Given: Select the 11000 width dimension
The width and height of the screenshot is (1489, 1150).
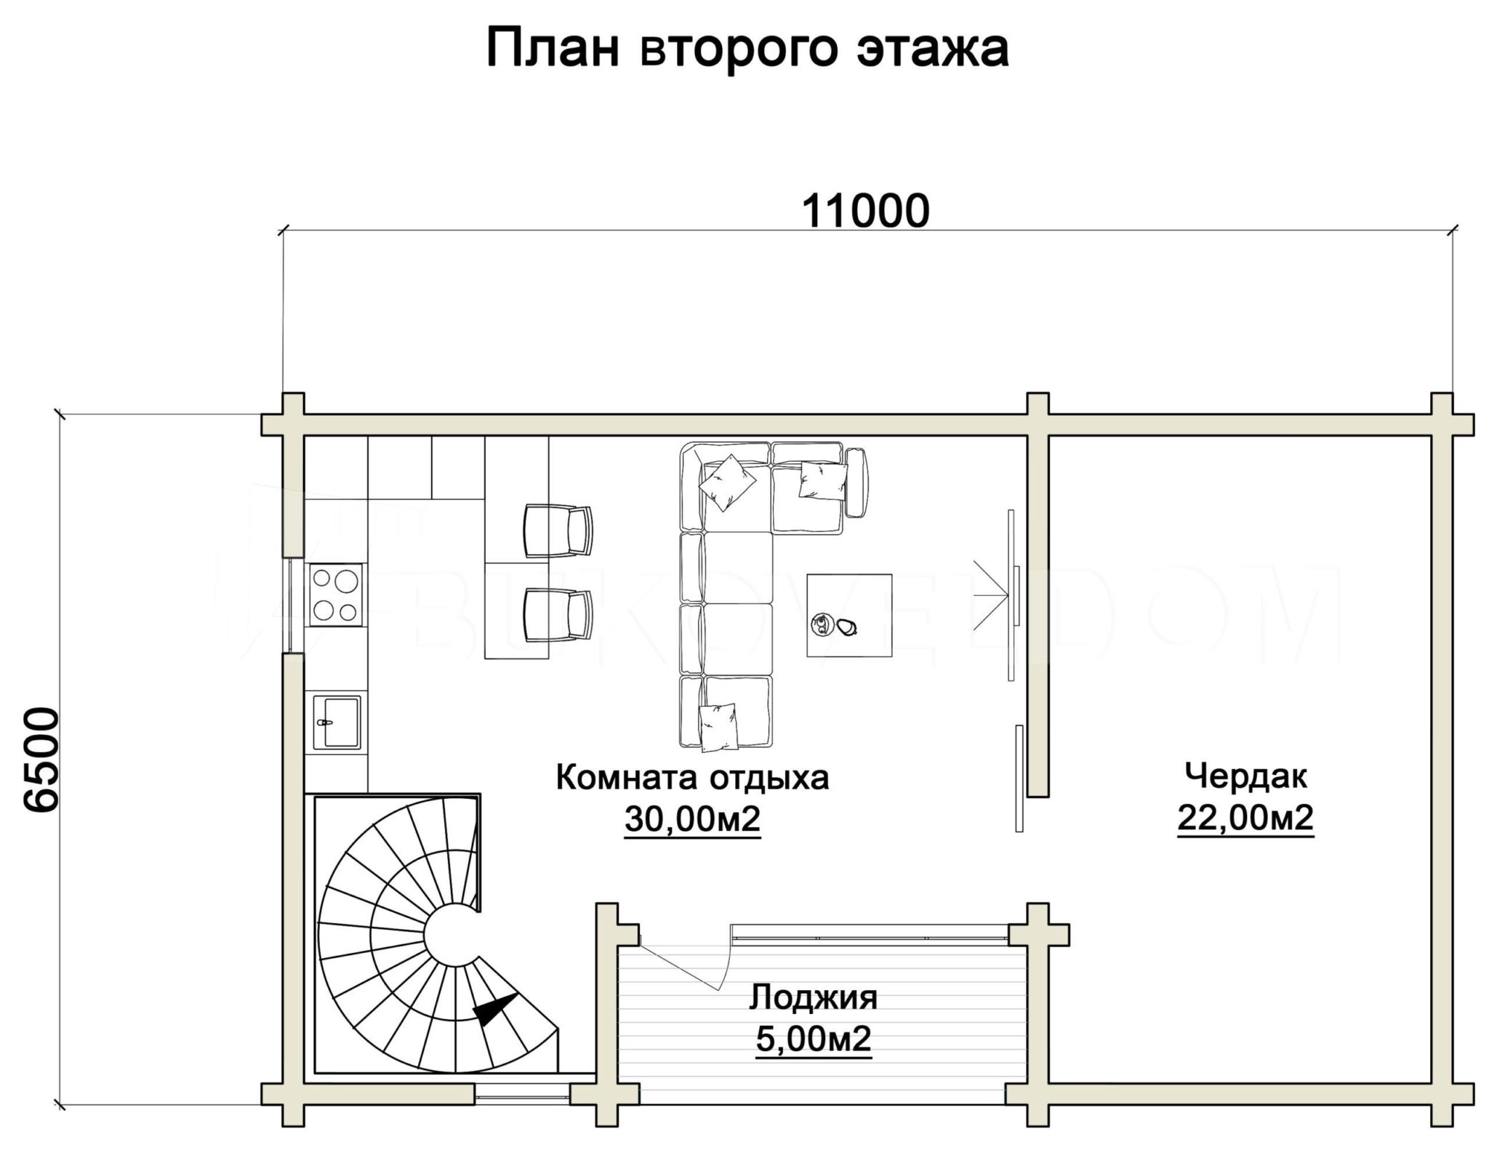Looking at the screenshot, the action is pyautogui.click(x=865, y=211).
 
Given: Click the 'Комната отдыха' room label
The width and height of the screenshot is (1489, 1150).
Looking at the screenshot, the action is pyautogui.click(x=692, y=778).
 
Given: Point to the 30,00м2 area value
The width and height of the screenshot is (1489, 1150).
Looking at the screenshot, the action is pyautogui.click(x=692, y=820).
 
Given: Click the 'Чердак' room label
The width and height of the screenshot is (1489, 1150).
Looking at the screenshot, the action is pyautogui.click(x=1245, y=776).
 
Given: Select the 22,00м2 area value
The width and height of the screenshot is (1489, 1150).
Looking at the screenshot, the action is pyautogui.click(x=1245, y=819).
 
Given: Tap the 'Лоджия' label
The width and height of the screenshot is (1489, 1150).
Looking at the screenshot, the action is pyautogui.click(x=814, y=998).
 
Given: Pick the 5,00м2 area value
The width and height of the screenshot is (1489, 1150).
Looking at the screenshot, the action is pyautogui.click(x=814, y=1040).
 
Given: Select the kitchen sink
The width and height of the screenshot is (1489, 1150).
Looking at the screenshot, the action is pyautogui.click(x=337, y=721).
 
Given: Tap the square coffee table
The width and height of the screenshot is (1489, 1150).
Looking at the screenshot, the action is pyautogui.click(x=849, y=615).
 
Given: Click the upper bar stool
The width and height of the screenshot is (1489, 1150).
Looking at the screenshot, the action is pyautogui.click(x=558, y=531).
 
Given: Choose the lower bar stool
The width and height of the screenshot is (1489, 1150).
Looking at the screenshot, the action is pyautogui.click(x=558, y=615).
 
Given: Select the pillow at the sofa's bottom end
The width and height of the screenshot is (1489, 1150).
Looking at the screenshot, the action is pyautogui.click(x=718, y=727).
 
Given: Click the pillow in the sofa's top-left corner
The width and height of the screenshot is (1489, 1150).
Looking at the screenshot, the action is pyautogui.click(x=727, y=483).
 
